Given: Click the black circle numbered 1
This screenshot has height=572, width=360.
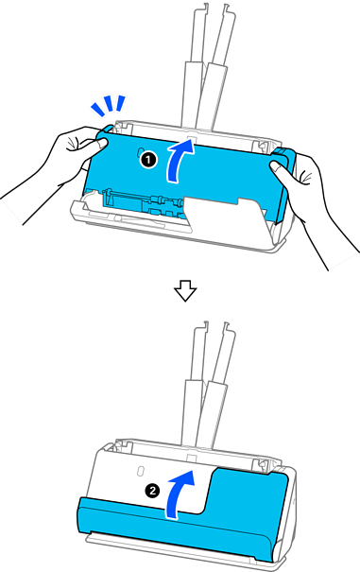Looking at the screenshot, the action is coord(148,160).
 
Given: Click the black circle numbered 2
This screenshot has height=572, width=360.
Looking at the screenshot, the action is coord(152,491).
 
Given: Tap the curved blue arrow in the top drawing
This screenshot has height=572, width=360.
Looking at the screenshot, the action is coord(179,161).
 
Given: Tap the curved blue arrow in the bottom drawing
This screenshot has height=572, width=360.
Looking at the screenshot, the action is coord(179,494).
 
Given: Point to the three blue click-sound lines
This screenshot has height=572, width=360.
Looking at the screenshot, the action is coord(108,105).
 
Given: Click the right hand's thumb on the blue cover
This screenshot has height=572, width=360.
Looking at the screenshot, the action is coord(280,168).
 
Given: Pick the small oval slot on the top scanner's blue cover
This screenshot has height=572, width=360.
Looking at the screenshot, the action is coord(141,153).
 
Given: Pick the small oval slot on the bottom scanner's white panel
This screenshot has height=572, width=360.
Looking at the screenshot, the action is coord(139,472).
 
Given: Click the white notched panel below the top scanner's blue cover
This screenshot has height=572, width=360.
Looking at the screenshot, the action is coord(223,214).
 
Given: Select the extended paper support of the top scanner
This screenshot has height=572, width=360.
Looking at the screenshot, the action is coord(211,65).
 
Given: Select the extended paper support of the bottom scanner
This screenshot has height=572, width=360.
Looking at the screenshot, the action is coord(209,383).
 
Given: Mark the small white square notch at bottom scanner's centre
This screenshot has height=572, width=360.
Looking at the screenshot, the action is coord(191,459).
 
